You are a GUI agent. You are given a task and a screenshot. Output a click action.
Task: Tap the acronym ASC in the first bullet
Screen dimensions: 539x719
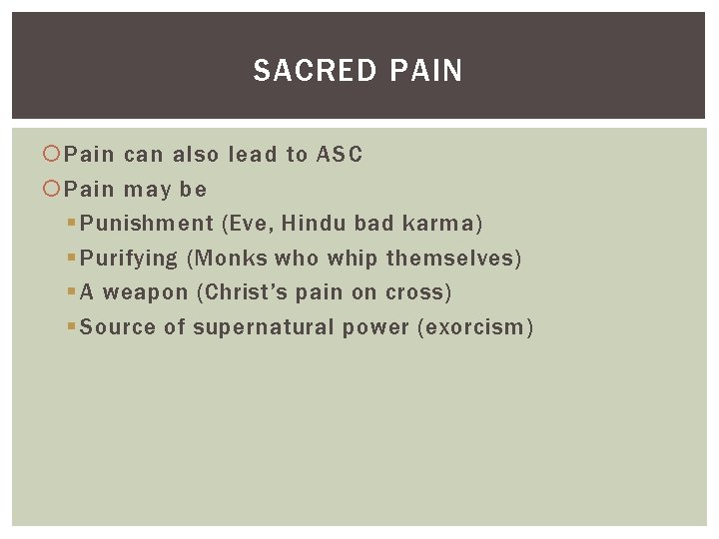click(x=340, y=155)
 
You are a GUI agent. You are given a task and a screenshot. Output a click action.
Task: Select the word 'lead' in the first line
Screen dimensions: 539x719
click(x=254, y=155)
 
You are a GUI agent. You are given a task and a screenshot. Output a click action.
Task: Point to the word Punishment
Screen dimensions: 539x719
click(x=147, y=224)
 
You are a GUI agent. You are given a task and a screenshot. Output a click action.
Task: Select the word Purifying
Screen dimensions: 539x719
click(x=128, y=259)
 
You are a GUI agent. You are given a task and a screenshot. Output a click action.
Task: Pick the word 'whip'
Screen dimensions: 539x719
click(x=353, y=259)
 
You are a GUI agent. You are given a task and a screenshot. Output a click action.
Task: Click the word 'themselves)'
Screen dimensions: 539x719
click(x=454, y=259)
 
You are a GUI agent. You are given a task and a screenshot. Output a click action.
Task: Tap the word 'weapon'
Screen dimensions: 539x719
click(x=145, y=292)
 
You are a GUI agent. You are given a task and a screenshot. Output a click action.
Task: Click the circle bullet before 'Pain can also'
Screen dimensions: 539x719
click(x=53, y=155)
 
